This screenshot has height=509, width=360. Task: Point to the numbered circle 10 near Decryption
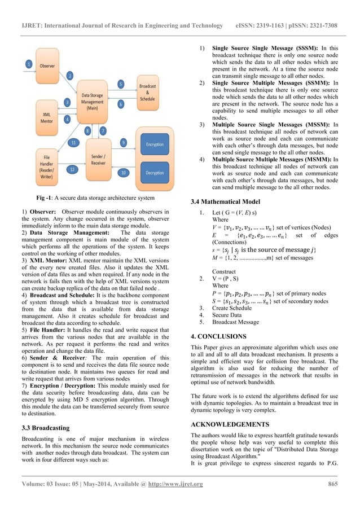[124, 172]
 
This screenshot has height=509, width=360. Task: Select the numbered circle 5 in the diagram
[120, 84]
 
